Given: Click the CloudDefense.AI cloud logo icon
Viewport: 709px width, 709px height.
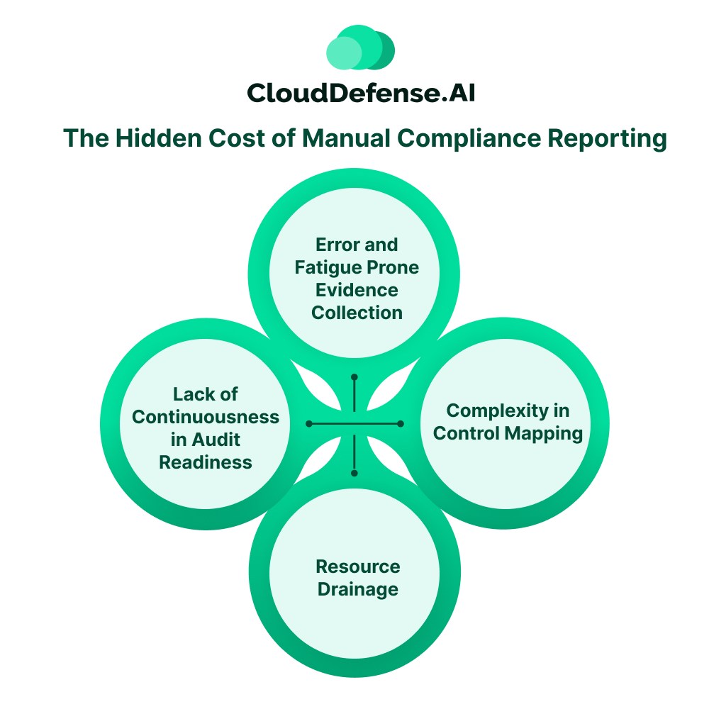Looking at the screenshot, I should point(359,48).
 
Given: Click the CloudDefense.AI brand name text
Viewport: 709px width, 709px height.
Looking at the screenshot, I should point(360,93).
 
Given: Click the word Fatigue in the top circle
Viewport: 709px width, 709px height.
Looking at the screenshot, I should point(327,267).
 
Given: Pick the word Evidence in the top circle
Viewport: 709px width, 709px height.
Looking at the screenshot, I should point(357,290).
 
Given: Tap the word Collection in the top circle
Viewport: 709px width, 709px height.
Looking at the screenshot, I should point(357,313).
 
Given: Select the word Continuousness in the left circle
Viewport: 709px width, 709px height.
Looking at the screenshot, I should point(206,417).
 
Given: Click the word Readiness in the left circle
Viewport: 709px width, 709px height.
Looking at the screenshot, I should point(206,462).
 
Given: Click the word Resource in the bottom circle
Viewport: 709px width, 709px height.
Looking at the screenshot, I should point(357,566).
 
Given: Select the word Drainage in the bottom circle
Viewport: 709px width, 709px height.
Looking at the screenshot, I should point(357,589).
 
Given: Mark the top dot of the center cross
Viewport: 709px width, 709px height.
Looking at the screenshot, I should point(354,376).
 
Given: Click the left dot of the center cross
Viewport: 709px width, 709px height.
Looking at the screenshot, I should point(309,423).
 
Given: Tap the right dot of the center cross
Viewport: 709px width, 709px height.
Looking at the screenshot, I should point(401,423).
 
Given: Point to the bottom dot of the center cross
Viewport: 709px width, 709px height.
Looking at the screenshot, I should point(354,472).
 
